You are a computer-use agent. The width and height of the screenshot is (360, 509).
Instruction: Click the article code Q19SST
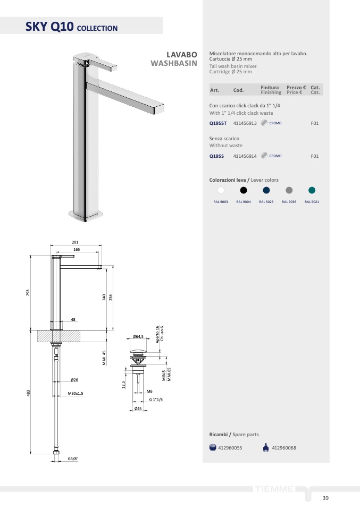coord(217,123)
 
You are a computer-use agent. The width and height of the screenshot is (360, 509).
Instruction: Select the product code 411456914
coord(245,156)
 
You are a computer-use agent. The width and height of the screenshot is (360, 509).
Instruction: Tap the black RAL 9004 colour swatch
coord(244,190)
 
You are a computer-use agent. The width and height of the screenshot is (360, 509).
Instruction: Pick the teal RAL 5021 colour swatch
coord(312,190)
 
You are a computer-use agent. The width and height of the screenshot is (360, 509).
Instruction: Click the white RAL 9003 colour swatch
coord(221,190)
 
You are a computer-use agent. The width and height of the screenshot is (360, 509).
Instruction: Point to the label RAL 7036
coord(289,202)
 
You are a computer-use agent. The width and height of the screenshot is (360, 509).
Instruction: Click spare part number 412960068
coord(283,448)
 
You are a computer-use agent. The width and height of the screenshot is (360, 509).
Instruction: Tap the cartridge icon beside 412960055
coord(213,448)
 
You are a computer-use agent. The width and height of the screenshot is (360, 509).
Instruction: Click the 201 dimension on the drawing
coord(75,242)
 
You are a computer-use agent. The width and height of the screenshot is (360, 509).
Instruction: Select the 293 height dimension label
coord(28,292)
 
